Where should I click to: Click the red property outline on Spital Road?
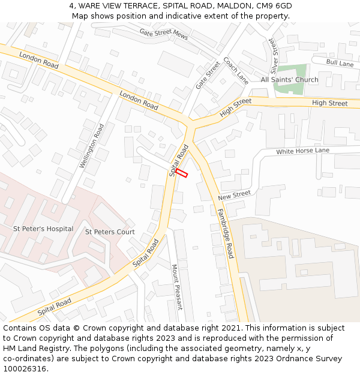(182, 173)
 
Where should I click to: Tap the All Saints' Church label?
(289, 80)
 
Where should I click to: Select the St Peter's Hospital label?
(43, 229)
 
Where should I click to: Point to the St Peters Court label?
(110, 232)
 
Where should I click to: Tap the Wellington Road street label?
(92, 146)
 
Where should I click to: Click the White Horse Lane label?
(302, 151)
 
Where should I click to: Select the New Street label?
(234, 196)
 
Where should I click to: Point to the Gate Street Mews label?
(164, 34)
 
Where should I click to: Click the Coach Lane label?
(236, 70)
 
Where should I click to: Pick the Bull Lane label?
(340, 63)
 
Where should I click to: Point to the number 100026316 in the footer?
(24, 369)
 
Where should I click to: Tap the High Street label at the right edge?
(329, 103)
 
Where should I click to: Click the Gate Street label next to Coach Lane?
(208, 76)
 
